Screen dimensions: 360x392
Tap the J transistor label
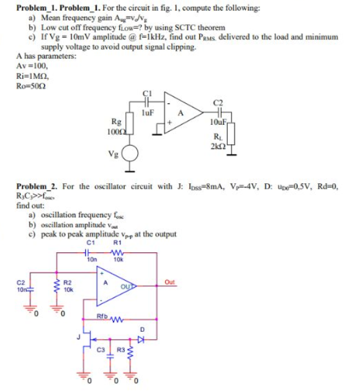coord(78,335)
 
